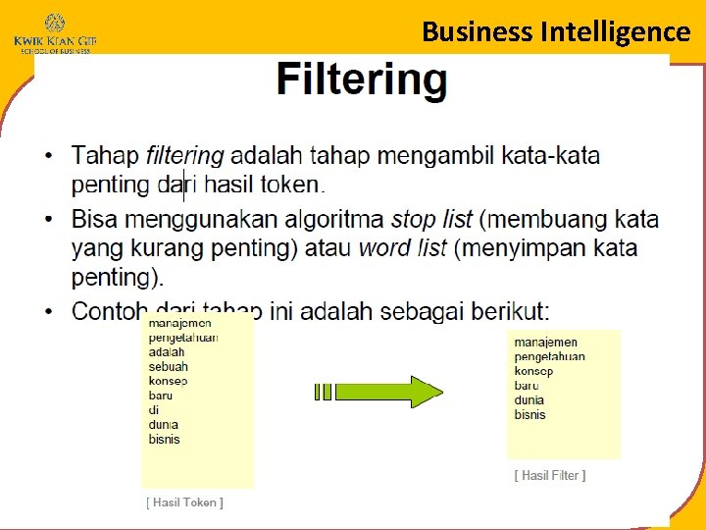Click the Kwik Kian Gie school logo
tap(54, 31)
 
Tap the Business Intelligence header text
tap(556, 31)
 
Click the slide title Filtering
tap(361, 79)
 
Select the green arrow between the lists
tap(378, 391)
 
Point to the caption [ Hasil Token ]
tap(185, 503)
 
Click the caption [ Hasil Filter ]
tap(550, 475)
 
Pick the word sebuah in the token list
tap(168, 366)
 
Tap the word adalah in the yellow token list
tap(167, 351)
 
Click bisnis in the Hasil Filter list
tap(529, 414)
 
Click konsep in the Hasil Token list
tap(168, 381)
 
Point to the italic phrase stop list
tap(431, 219)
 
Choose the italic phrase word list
tap(402, 248)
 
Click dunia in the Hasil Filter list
tap(529, 399)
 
